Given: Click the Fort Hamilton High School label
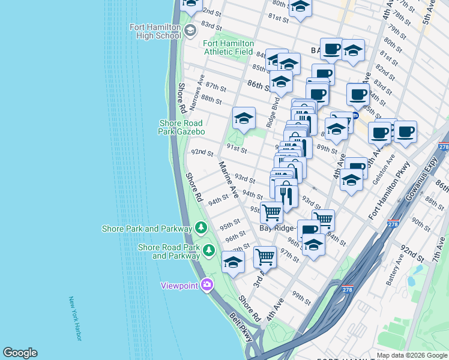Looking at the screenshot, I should [155, 31].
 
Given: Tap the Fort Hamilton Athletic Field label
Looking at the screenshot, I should [228, 47].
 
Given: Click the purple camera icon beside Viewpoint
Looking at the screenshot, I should [207, 284].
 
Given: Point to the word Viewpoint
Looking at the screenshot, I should [179, 286].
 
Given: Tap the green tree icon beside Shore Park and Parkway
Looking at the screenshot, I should [201, 228].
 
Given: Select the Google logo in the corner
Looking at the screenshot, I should [20, 353].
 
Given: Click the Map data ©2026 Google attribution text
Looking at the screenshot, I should [411, 355].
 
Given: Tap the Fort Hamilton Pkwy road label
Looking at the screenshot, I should [390, 190].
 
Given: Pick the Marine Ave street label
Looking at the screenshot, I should [228, 179].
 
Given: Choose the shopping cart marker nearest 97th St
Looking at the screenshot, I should [265, 257].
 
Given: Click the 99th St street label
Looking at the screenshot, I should [300, 296].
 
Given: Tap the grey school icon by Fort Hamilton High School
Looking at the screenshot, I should [190, 30].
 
